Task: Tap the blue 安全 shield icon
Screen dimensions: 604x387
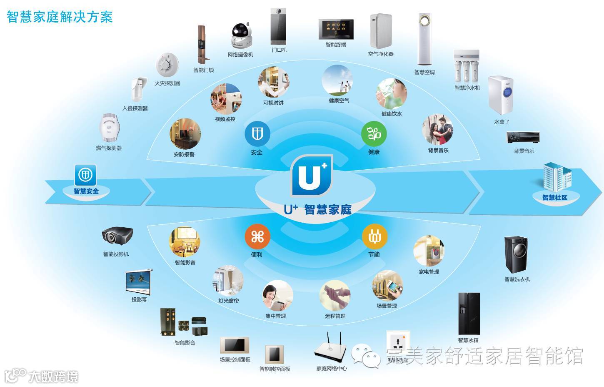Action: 257,134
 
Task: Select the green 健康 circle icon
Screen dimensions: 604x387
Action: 374,134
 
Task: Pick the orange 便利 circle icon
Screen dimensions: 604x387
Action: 257,237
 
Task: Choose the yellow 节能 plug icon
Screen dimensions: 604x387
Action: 374,237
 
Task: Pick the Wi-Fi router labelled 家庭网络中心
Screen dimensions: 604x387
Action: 330,349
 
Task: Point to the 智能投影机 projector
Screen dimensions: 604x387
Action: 117,236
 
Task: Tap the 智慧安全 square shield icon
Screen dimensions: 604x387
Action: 85,175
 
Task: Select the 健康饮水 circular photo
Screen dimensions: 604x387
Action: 391,94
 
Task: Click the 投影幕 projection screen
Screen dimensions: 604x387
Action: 139,282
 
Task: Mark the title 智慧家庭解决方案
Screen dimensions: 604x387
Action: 60,16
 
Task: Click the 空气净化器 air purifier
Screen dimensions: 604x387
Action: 380,31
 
